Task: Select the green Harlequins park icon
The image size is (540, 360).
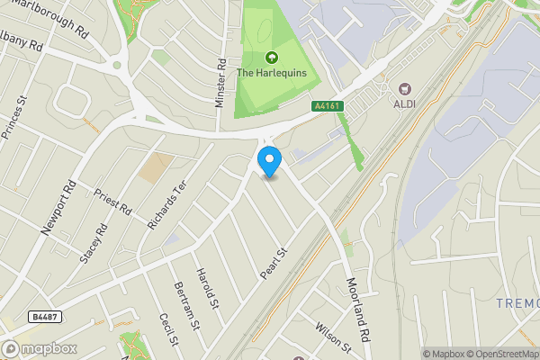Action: coord(270,57)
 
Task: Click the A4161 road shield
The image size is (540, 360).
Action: coord(327,106)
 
